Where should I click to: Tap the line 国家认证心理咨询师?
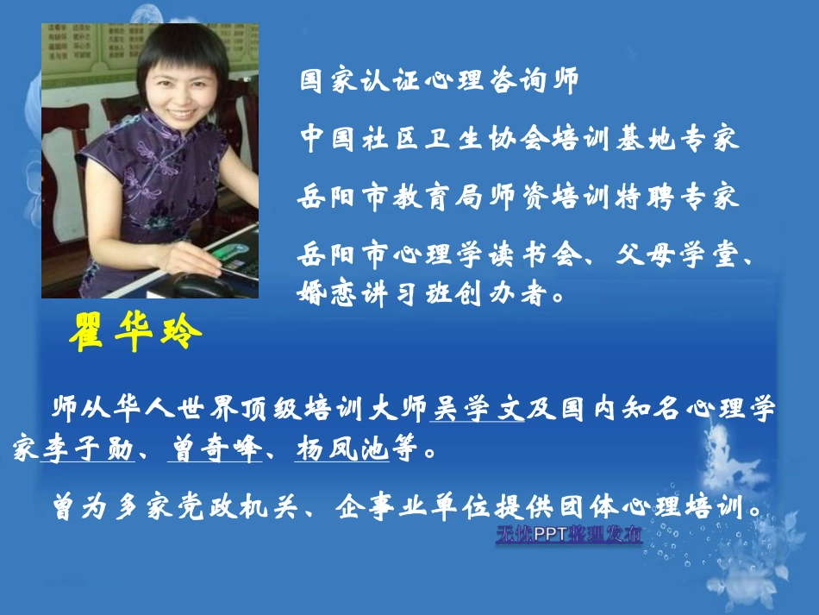[x=438, y=82]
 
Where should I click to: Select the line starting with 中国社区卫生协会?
[x=519, y=139]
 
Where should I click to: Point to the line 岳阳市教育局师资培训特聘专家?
[x=519, y=197]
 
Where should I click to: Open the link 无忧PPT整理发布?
[x=568, y=535]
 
